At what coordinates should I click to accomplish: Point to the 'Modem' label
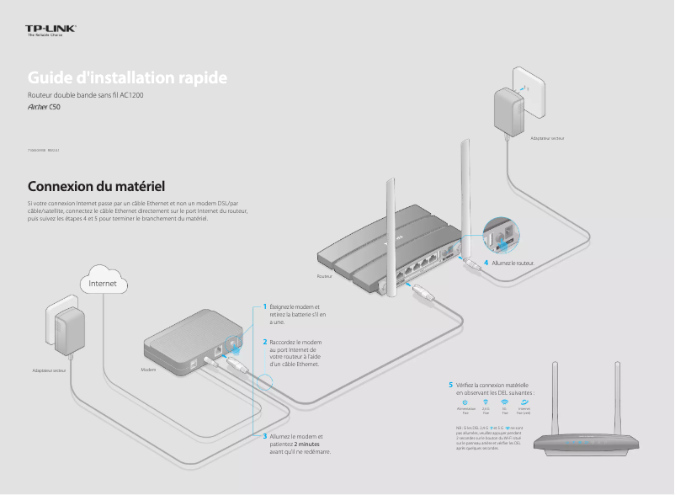(x=148, y=370)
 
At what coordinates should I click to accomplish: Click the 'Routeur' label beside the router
(x=325, y=276)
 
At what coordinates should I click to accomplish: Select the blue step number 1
(x=264, y=306)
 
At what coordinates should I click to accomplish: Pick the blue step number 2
(x=264, y=343)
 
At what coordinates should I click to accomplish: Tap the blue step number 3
(x=264, y=436)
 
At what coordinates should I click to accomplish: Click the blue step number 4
(x=486, y=263)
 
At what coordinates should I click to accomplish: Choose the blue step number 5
(x=450, y=385)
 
